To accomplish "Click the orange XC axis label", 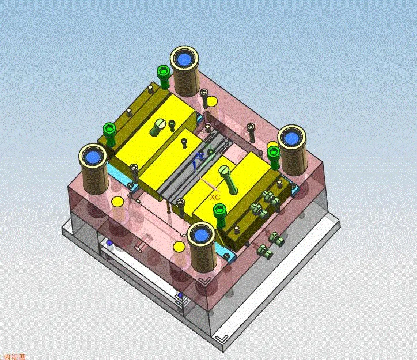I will pos(215,196).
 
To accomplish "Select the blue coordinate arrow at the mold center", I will pos(199,157).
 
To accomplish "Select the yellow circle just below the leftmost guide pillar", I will pos(117,202).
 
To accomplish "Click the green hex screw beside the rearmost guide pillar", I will pos(163,72).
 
